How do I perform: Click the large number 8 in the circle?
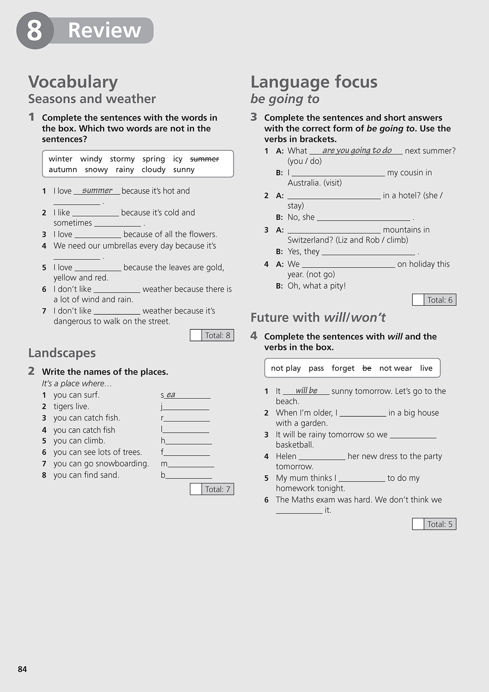[34, 31]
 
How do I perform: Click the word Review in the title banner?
[104, 30]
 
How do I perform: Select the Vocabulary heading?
[73, 82]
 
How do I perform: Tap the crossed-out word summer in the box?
[204, 159]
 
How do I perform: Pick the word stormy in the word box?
[122, 159]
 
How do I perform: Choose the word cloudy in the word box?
[153, 170]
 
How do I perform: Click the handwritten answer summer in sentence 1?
[97, 190]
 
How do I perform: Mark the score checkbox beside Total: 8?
[196, 335]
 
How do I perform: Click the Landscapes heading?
[62, 353]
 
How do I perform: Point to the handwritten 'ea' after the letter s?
[171, 394]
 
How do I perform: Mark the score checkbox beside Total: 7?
[196, 489]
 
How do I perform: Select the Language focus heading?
[314, 82]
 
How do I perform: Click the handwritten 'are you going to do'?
[357, 150]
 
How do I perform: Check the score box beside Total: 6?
[418, 300]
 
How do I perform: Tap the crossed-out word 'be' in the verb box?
[367, 368]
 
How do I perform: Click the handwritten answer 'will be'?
[306, 391]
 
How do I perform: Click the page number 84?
[22, 669]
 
